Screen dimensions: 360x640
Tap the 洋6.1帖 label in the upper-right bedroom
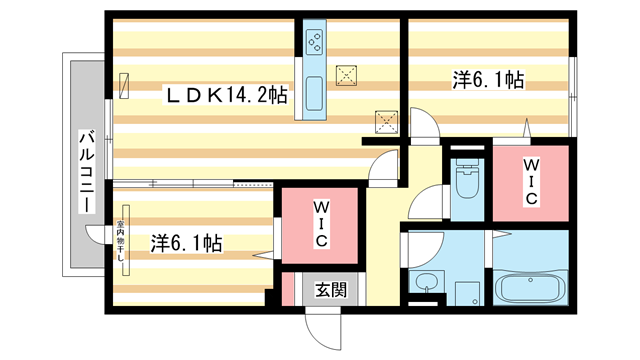pos(489,78)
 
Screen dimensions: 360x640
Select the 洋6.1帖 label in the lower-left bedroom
pos(187,242)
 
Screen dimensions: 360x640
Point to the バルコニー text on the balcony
pos(87,170)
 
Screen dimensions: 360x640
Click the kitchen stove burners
pos(312,42)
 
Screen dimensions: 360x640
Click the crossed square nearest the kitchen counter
pos(347,74)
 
